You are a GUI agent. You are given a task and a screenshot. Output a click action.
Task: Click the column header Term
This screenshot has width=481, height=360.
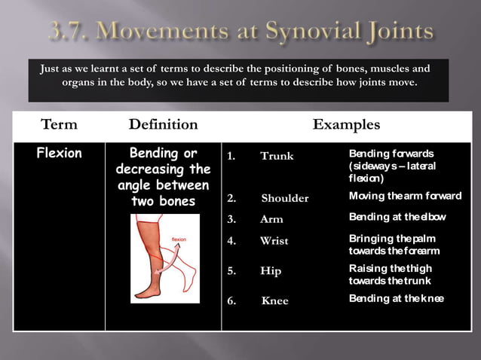click(x=59, y=124)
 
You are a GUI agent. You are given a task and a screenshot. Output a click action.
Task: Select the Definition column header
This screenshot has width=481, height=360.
click(x=163, y=124)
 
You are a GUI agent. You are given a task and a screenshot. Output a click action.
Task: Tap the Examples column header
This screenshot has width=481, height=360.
click(x=346, y=124)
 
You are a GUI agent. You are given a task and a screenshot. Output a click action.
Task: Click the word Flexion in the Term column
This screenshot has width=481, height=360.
click(x=60, y=154)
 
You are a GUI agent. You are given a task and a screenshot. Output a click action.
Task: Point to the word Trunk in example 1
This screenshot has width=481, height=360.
click(x=277, y=156)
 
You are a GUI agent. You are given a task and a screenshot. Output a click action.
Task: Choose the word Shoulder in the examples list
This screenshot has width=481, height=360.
click(x=285, y=198)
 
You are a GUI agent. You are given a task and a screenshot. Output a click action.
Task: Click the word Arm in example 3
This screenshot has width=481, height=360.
click(x=271, y=219)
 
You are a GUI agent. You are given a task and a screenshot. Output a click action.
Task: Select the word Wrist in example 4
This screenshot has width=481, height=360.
click(x=274, y=241)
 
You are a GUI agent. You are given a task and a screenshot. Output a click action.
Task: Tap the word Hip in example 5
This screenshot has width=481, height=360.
click(x=271, y=270)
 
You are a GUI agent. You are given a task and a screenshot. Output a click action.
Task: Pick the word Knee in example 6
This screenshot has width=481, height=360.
click(x=274, y=301)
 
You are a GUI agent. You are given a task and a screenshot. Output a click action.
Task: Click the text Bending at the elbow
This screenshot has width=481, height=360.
click(x=396, y=217)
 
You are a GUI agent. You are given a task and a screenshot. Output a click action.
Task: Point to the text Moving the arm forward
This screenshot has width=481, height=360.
click(x=405, y=196)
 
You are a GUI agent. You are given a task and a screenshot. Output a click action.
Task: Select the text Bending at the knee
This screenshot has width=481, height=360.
click(x=396, y=298)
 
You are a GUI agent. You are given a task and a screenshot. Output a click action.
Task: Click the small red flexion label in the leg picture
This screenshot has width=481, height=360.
click(x=179, y=239)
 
